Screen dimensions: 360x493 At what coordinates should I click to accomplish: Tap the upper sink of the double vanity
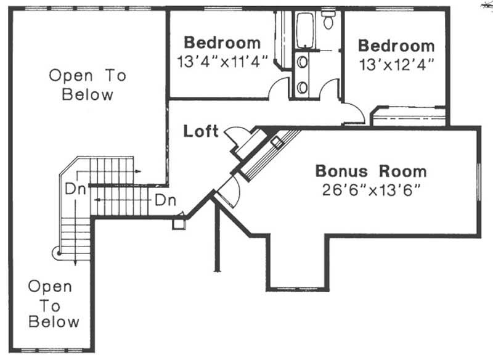click(x=302, y=62)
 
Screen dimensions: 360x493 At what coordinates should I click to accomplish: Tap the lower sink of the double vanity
click(x=302, y=86)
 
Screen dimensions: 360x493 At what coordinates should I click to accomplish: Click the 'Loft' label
click(x=201, y=131)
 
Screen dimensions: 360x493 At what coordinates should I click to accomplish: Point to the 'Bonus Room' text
click(x=370, y=171)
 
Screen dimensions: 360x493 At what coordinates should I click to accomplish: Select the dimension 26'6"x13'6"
click(x=370, y=189)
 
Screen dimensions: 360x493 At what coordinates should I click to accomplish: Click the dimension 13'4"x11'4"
click(x=222, y=62)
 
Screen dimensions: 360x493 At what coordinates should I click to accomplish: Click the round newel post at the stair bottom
click(x=57, y=252)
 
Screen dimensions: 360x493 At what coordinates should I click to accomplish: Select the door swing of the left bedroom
click(x=280, y=88)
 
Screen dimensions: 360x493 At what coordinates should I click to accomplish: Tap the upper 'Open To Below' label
click(x=88, y=85)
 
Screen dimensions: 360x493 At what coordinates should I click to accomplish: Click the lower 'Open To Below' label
click(x=54, y=304)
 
